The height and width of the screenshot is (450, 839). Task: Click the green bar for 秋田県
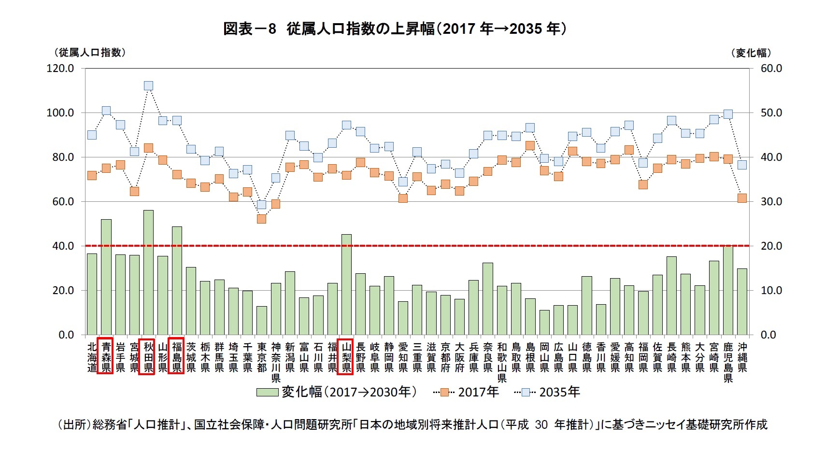pyautogui.click(x=148, y=273)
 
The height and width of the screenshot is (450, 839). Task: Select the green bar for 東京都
pyautogui.click(x=261, y=321)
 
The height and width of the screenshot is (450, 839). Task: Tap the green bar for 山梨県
pyautogui.click(x=346, y=285)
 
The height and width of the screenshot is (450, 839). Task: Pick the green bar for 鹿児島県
pyautogui.click(x=728, y=290)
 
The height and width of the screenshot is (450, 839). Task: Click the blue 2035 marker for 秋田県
pyautogui.click(x=148, y=86)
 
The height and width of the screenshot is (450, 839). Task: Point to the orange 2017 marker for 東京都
pyautogui.click(x=261, y=219)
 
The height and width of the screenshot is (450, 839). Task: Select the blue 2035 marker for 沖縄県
pyautogui.click(x=742, y=165)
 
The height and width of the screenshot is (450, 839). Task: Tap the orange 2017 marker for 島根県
pyautogui.click(x=530, y=145)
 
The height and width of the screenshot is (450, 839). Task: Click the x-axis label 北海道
pyautogui.click(x=92, y=357)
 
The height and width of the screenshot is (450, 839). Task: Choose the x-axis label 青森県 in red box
pyautogui.click(x=106, y=357)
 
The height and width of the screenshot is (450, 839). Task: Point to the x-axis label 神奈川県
pyautogui.click(x=276, y=362)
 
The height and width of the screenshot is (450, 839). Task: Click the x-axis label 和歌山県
pyautogui.click(x=502, y=362)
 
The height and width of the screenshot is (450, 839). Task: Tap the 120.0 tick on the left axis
pyautogui.click(x=60, y=69)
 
